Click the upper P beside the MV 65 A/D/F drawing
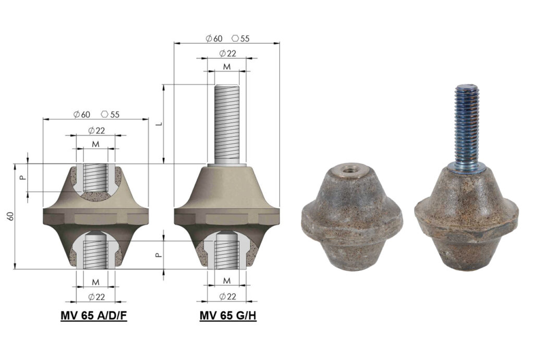[x=21, y=177]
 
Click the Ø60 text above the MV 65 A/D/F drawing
[x=83, y=114]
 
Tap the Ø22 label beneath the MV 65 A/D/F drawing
[x=95, y=297]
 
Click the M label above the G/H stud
[x=227, y=67]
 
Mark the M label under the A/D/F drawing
[x=95, y=282]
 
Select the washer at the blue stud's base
[x=467, y=166]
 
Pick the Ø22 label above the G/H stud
[x=227, y=53]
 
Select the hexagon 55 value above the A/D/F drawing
[x=110, y=114]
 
